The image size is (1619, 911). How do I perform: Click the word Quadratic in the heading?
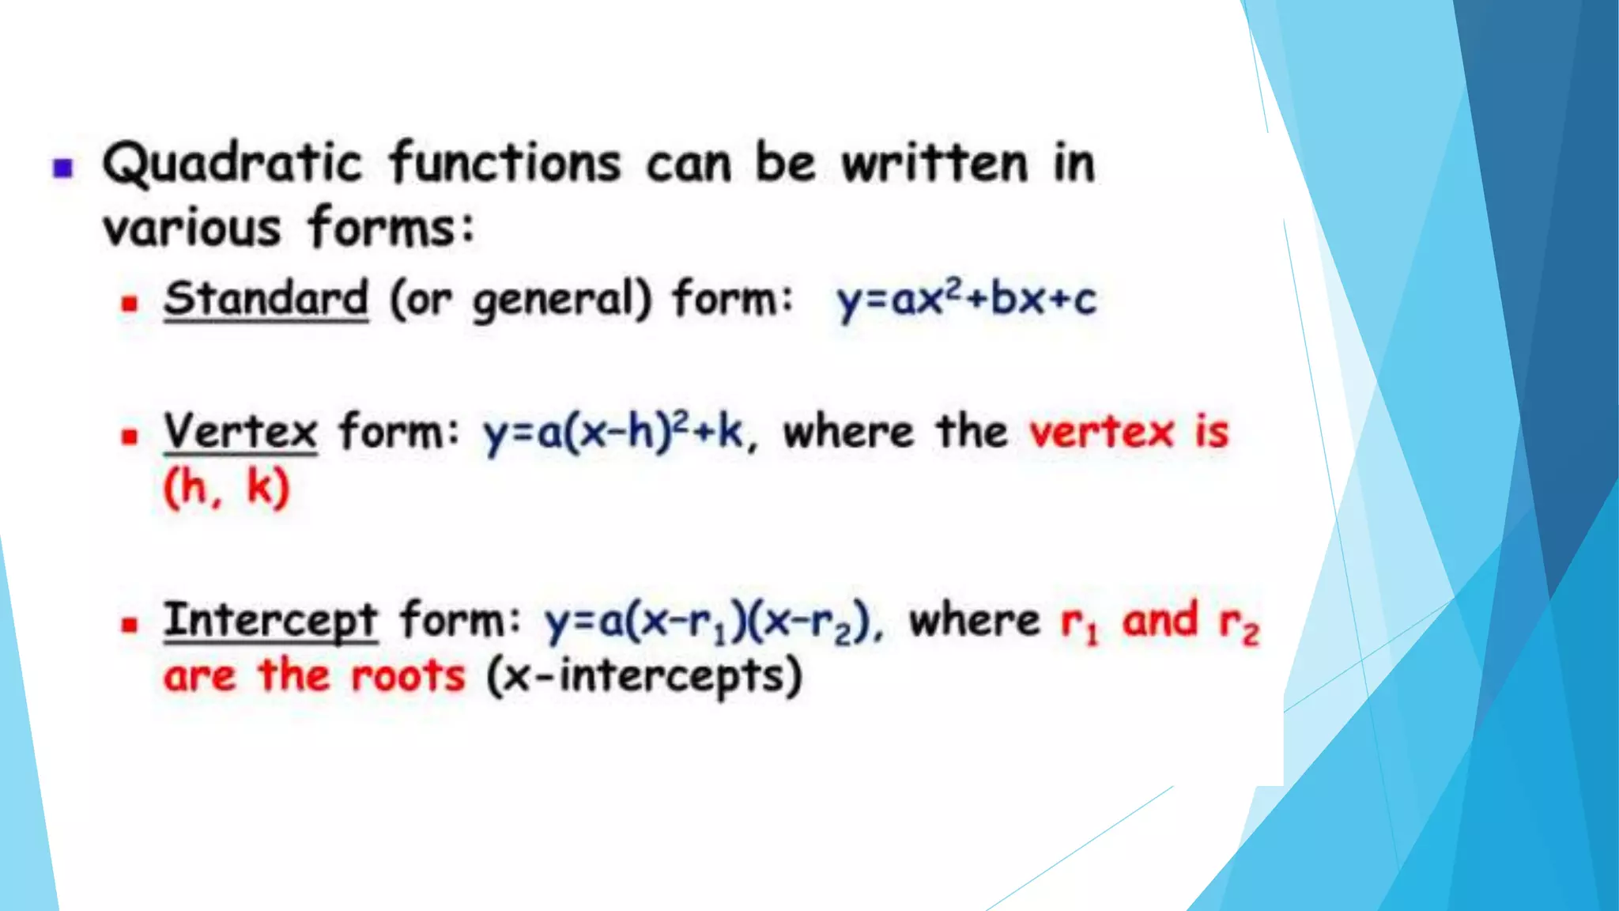point(232,164)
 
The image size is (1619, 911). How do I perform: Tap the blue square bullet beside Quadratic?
point(63,168)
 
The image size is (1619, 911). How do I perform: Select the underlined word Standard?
point(266,300)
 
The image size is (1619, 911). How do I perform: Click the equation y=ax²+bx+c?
point(966,300)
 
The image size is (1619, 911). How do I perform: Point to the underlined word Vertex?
point(240,433)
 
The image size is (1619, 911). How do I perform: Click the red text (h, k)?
point(227,487)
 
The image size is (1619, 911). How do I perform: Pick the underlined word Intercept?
point(270,620)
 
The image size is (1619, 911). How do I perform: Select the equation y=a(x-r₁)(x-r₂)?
point(708,622)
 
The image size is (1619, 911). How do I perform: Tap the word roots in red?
point(408,677)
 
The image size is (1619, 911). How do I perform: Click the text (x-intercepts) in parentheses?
point(644,677)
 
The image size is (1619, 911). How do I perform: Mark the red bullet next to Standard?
point(130,303)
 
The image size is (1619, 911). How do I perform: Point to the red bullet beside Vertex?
point(130,436)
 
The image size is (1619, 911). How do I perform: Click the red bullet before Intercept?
point(130,625)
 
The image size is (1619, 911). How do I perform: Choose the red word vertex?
point(1101,433)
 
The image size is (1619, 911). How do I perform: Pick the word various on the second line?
point(192,229)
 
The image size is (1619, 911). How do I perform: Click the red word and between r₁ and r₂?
point(1160,620)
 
